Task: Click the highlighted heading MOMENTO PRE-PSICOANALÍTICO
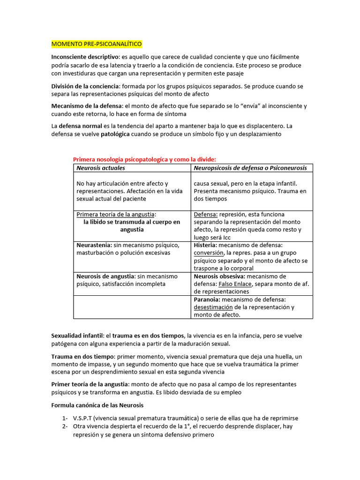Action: pyautogui.click(x=96, y=44)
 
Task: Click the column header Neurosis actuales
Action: pyautogui.click(x=101, y=167)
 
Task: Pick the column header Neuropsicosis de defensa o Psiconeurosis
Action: pyautogui.click(x=250, y=167)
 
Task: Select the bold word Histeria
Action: pyautogui.click(x=205, y=245)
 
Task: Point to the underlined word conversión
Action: pyautogui.click(x=209, y=253)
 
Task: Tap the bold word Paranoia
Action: pyautogui.click(x=206, y=300)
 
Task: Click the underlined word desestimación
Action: pyautogui.click(x=213, y=307)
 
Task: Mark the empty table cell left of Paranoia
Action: pyautogui.click(x=132, y=307)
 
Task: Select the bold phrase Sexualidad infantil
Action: pyautogui.click(x=77, y=335)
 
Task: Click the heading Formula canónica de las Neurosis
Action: pyautogui.click(x=97, y=405)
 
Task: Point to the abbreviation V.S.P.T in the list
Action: pyautogui.click(x=83, y=418)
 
